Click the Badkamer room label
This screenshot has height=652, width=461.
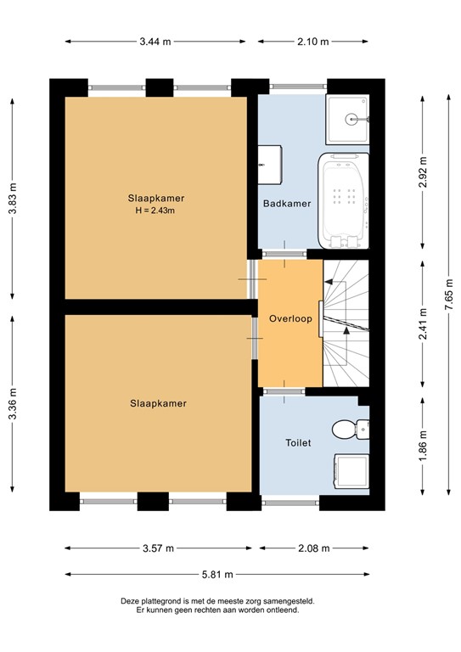[x=287, y=204]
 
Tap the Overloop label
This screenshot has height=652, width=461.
[x=290, y=319]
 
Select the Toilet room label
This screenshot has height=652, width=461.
[x=298, y=442]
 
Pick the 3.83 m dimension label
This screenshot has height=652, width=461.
[x=13, y=198]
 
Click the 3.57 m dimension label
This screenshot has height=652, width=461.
[x=157, y=548]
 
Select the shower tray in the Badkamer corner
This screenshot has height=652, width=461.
[x=347, y=120]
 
